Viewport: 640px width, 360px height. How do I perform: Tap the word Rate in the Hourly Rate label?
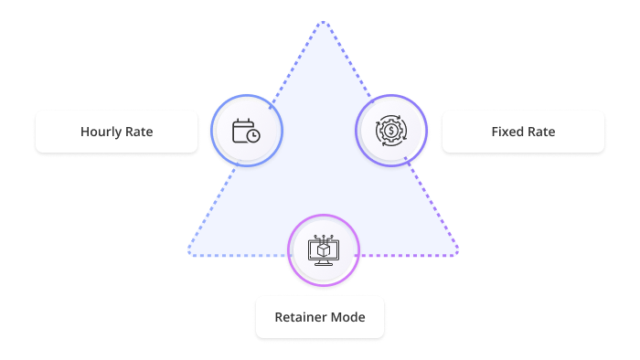tap(138, 132)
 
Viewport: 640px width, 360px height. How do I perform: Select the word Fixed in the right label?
tap(507, 132)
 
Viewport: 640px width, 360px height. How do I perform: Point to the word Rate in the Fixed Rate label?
tap(540, 132)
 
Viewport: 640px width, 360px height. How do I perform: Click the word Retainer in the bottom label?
tap(301, 317)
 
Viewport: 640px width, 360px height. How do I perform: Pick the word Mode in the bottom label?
tap(347, 317)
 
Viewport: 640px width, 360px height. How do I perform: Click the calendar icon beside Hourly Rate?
tap(244, 131)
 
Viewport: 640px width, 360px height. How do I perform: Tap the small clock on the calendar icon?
tap(252, 136)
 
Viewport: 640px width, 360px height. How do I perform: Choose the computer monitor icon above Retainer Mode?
tap(323, 249)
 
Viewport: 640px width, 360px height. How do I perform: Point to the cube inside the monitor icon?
tap(323, 248)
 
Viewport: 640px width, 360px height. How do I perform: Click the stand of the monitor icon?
tap(323, 263)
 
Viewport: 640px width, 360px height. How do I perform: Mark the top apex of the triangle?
tap(321, 22)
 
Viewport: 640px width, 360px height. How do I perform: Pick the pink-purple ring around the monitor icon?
tap(323, 216)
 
